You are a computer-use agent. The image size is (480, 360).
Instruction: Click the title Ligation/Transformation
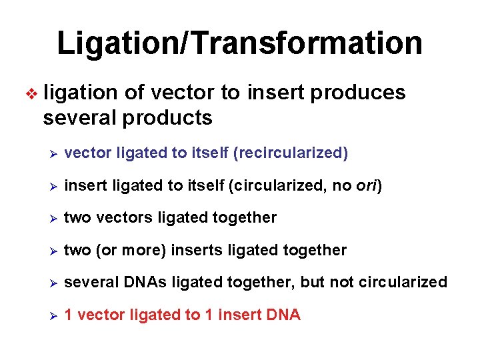click(x=239, y=43)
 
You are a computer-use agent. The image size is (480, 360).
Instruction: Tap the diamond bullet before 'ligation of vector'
click(x=27, y=93)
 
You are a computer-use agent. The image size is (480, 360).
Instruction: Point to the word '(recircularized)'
click(x=291, y=153)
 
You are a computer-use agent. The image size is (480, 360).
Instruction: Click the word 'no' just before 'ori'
click(x=341, y=185)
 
